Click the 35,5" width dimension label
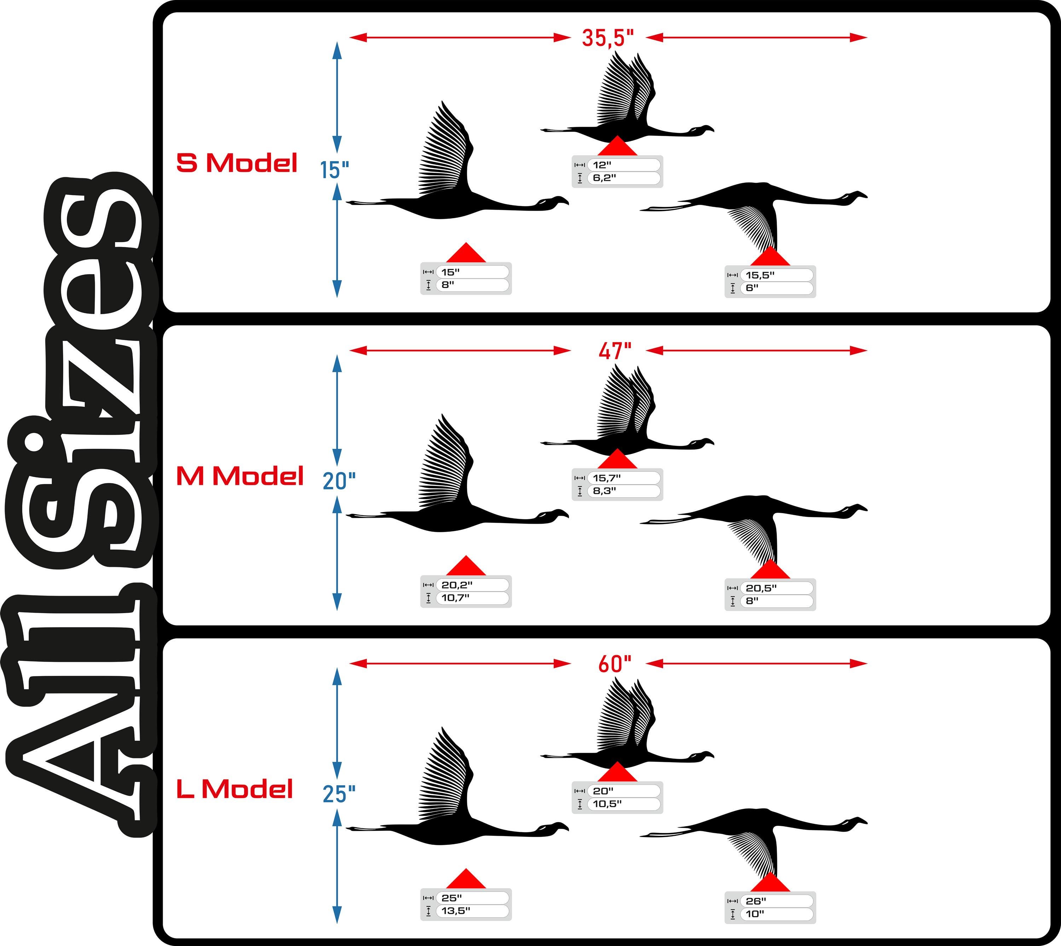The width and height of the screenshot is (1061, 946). pos(608,38)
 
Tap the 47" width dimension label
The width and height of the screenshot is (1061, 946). pos(614,351)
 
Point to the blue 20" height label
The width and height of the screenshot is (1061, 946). pos(338,481)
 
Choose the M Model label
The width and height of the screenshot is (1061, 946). pos(240,476)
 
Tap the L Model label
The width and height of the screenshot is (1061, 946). pos(234,789)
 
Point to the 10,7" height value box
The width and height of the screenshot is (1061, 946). pos(472,598)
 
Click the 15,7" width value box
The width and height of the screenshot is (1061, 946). pos(624,478)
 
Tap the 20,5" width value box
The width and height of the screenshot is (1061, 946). pos(777,588)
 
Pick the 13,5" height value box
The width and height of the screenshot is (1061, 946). pos(472,911)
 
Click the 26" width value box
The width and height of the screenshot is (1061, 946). pos(777,901)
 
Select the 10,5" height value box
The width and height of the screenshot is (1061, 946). pos(624,804)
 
